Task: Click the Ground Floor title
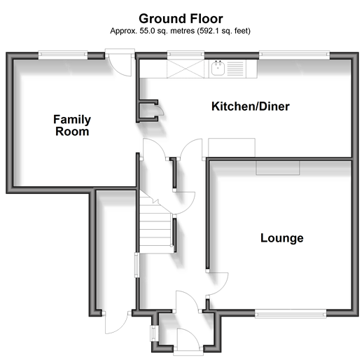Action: pyautogui.click(x=181, y=19)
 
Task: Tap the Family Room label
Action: pyautogui.click(x=72, y=125)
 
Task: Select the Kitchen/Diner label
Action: pyautogui.click(x=251, y=106)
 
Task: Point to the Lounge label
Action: pyautogui.click(x=282, y=238)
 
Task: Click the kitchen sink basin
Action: pyautogui.click(x=218, y=68)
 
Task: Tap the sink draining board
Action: pyautogui.click(x=235, y=69)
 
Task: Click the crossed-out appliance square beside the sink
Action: pyautogui.click(x=185, y=69)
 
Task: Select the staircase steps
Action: pyautogui.click(x=157, y=226)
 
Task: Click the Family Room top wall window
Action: pyautogui.click(x=63, y=55)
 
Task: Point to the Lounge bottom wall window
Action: pyautogui.click(x=290, y=314)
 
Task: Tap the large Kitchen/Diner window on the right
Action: pyautogui.click(x=294, y=55)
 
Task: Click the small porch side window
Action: pyautogui.click(x=153, y=333)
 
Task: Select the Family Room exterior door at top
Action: pyautogui.click(x=120, y=62)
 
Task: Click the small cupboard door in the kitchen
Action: pyautogui.click(x=160, y=111)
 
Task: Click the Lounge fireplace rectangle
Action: pyautogui.click(x=278, y=167)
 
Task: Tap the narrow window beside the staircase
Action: pyautogui.click(x=137, y=265)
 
